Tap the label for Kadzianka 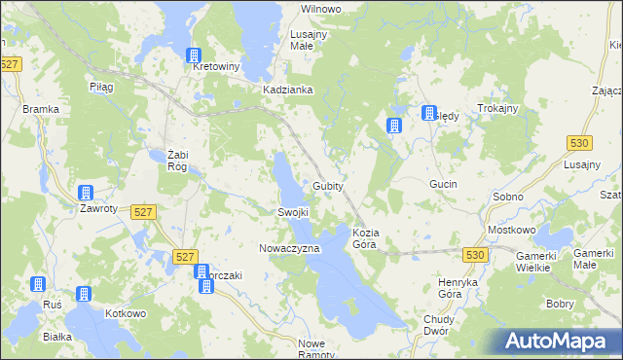pyautogui.click(x=287, y=90)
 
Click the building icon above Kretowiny pyautogui.click(x=195, y=55)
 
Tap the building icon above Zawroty pyautogui.click(x=85, y=193)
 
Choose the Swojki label pyautogui.click(x=293, y=212)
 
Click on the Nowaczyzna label pyautogui.click(x=289, y=249)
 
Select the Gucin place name pyautogui.click(x=443, y=184)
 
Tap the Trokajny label pyautogui.click(x=496, y=108)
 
